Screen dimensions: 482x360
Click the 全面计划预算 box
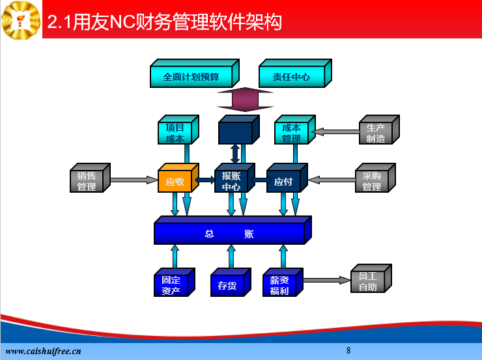tap(195, 74)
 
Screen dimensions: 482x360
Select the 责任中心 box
tap(296, 74)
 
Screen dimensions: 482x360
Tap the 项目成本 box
tap(178, 130)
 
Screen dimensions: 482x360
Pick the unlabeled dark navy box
tap(239, 130)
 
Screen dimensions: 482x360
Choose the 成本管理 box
tap(295, 130)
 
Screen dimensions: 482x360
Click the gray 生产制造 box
tap(379, 130)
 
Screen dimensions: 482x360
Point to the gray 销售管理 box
tap(90, 178)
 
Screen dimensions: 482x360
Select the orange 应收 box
tap(178, 178)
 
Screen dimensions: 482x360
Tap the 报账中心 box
tap(235, 178)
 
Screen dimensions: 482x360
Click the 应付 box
tap(287, 178)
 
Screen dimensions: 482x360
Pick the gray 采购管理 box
tap(375, 178)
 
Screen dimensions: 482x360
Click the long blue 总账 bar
tap(233, 230)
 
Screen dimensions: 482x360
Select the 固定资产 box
tap(175, 283)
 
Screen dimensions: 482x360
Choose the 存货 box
tap(231, 283)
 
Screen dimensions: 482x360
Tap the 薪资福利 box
tap(283, 283)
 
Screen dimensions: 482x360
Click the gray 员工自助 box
tap(371, 278)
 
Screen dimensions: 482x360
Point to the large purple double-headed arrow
tap(245, 100)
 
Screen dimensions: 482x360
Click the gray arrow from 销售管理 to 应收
tap(134, 180)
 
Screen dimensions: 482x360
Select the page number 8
tap(348, 350)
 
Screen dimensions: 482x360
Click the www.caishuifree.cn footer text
tap(44, 351)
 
